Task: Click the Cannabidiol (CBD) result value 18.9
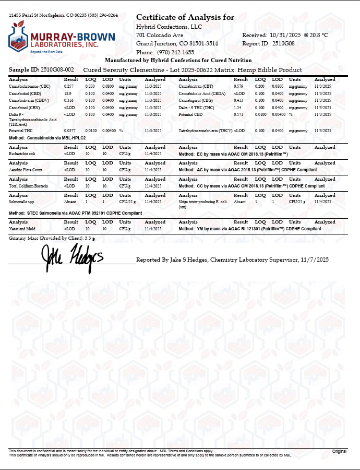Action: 67,92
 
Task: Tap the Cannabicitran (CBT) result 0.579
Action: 239,86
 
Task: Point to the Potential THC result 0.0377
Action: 69,130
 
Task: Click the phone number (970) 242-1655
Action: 175,52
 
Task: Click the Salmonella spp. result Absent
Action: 69,201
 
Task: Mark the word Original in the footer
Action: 340,451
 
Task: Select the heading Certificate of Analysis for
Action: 185,18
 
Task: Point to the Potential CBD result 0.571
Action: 239,114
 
